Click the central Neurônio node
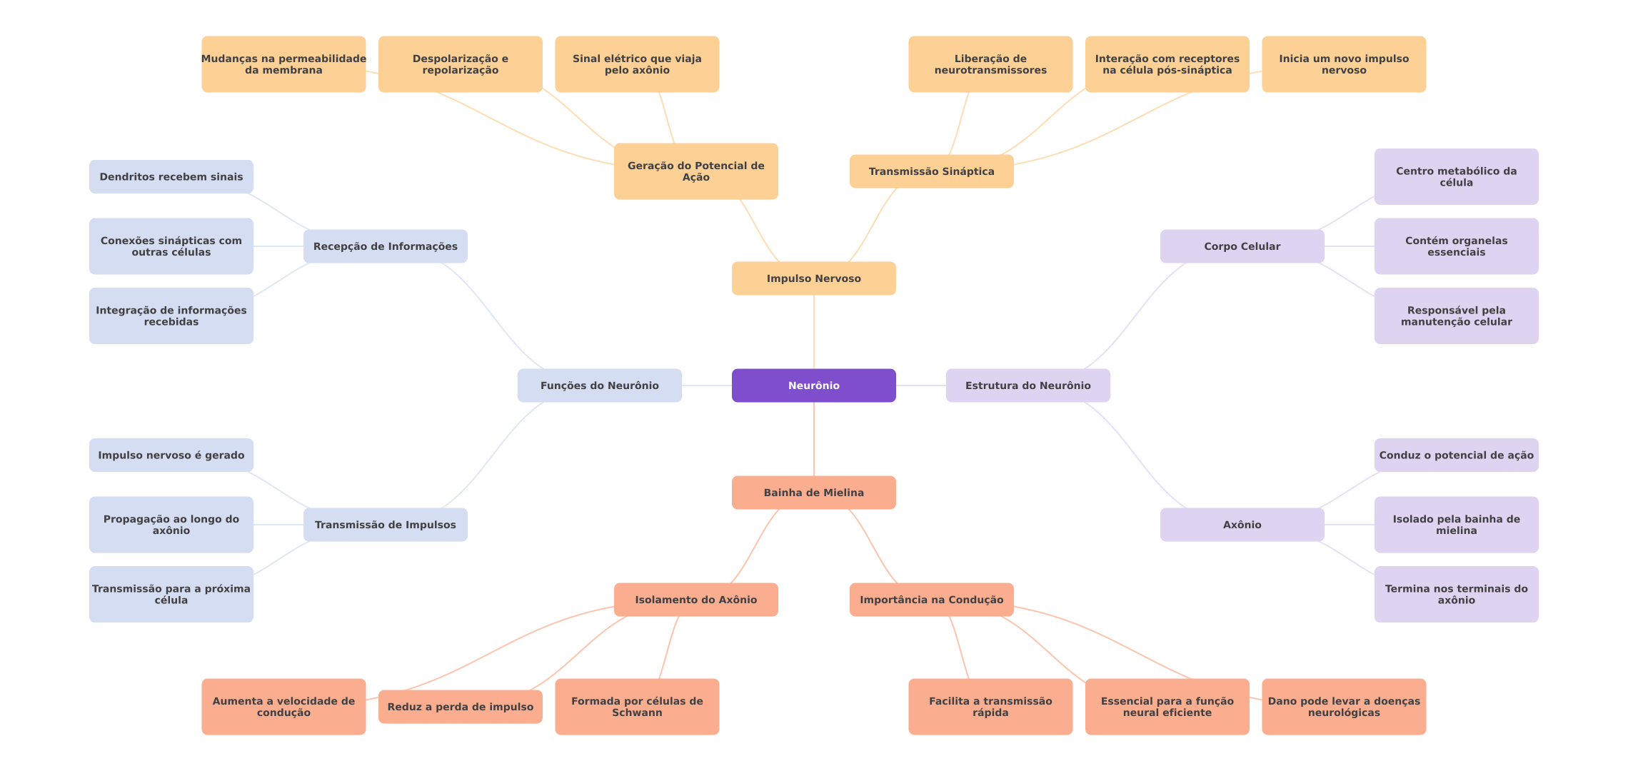(x=813, y=385)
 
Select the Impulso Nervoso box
(x=813, y=278)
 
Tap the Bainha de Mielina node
(x=813, y=493)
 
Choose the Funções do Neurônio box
(x=599, y=385)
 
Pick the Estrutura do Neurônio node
(x=1027, y=385)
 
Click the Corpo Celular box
(x=1242, y=246)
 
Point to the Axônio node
(x=1242, y=525)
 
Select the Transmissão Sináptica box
(x=931, y=171)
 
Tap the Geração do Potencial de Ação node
(x=695, y=171)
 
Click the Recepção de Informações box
(x=385, y=246)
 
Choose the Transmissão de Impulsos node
(x=385, y=525)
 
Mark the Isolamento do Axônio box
(x=695, y=600)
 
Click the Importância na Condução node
(x=931, y=600)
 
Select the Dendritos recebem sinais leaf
(x=171, y=176)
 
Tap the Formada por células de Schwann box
(x=637, y=707)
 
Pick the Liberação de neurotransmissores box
(x=990, y=64)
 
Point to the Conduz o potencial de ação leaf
(x=1456, y=455)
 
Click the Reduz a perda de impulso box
(x=460, y=707)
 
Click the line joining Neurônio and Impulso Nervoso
(x=814, y=332)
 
